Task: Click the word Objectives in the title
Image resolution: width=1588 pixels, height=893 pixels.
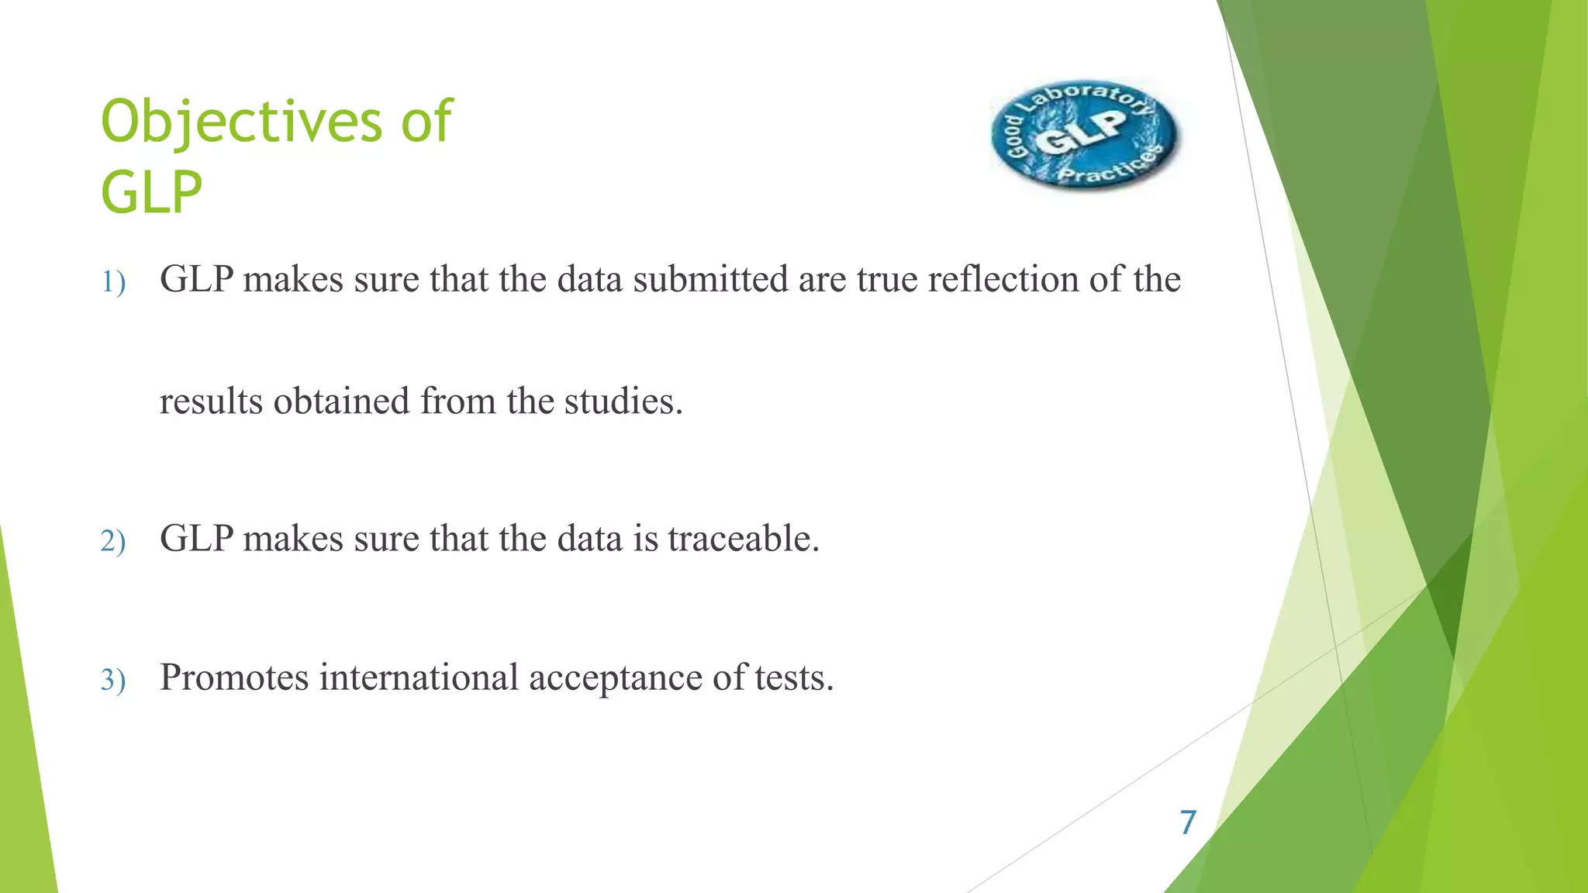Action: pyautogui.click(x=241, y=122)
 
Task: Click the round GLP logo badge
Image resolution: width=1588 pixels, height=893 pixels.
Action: pyautogui.click(x=1084, y=134)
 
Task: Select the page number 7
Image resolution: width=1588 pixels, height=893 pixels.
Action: pyautogui.click(x=1188, y=822)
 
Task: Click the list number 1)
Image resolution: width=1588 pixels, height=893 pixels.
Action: pyautogui.click(x=113, y=281)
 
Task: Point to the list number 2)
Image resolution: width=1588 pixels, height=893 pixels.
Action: pyautogui.click(x=113, y=540)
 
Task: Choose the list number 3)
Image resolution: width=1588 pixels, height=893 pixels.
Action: pyautogui.click(x=113, y=680)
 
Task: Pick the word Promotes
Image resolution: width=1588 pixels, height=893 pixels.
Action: pyautogui.click(x=234, y=678)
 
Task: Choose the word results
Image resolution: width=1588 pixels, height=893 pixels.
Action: pyautogui.click(x=211, y=402)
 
